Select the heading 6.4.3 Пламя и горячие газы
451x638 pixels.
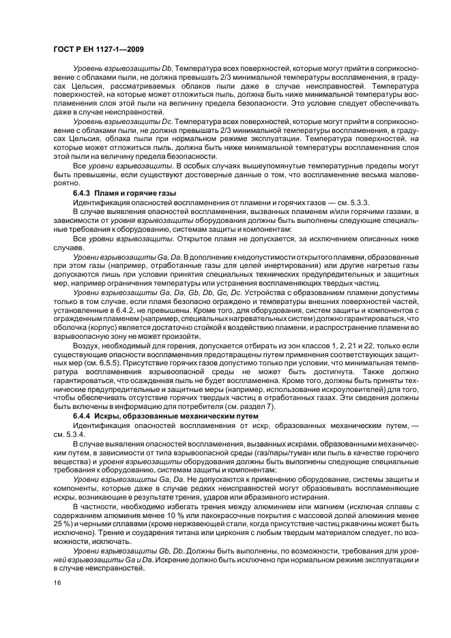coord(118,194)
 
